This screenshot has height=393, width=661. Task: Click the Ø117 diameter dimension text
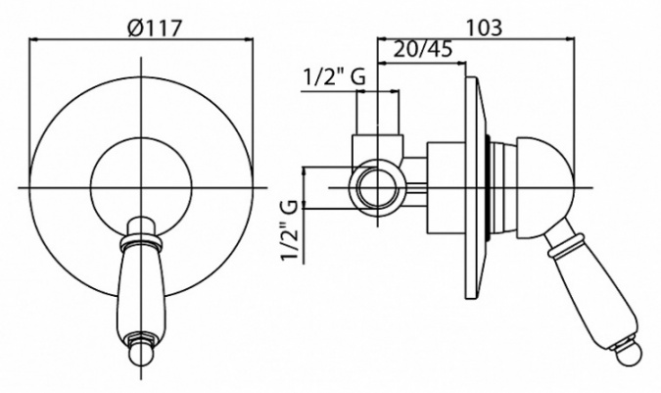154,28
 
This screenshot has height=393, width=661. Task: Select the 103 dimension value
485,27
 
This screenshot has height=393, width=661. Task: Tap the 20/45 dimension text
423,50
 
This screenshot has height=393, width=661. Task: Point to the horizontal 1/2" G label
334,77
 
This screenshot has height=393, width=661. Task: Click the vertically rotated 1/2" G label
291,231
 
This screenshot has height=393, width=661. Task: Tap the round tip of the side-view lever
630,354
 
